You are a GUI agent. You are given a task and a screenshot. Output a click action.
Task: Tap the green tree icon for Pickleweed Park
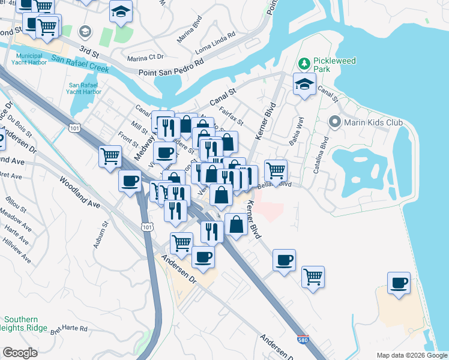pos(304,63)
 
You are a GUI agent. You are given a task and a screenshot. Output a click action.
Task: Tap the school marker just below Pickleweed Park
pos(304,85)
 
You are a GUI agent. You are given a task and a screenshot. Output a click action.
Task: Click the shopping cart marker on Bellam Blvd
pos(276,171)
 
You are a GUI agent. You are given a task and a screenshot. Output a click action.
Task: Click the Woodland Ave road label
pos(79,192)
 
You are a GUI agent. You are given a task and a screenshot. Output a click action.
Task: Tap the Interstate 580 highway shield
pos(303,340)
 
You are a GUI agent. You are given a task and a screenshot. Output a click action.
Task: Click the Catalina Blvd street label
pos(319,157)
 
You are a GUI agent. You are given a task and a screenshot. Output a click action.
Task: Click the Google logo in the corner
pos(20,353)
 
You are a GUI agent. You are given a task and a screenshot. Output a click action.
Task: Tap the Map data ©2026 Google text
pos(411,355)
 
